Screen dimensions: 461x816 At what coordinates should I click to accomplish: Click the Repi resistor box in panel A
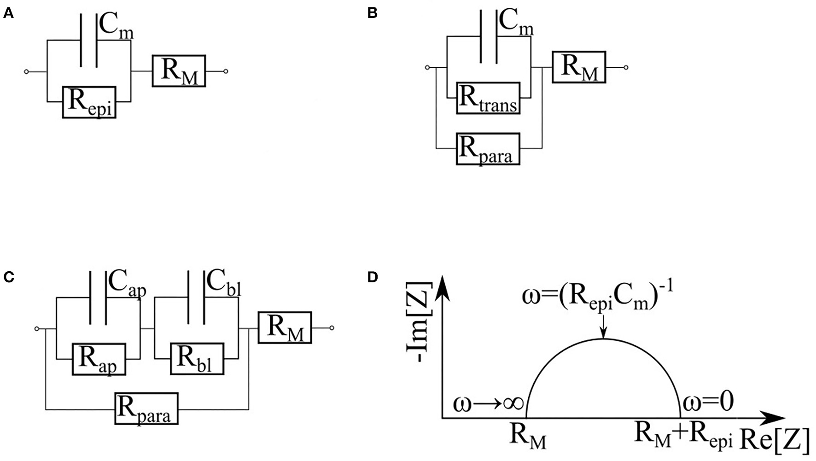coord(89,102)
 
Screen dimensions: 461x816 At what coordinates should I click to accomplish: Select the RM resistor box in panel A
coord(179,71)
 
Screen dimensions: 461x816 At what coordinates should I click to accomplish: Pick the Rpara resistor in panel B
coord(488,149)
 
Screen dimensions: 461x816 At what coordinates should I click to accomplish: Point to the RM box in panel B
coord(579,67)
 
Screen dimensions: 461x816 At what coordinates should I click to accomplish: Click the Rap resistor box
coord(99,359)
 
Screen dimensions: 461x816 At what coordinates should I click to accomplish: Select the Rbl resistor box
coord(197,359)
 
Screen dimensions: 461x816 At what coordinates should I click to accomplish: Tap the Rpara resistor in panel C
coord(146,408)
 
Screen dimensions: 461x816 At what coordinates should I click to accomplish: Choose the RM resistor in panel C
coord(285,327)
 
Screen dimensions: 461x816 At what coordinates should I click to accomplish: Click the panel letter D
coord(373,278)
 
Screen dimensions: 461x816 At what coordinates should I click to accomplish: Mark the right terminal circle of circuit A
coord(225,71)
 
